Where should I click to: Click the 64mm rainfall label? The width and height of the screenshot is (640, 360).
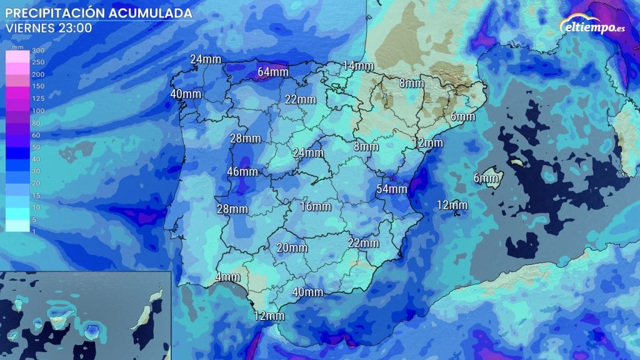tap(273, 72)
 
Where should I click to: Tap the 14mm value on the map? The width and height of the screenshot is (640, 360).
tap(358, 66)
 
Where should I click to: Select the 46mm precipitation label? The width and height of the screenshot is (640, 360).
tap(242, 172)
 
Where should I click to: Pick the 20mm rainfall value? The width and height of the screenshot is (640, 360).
tap(291, 248)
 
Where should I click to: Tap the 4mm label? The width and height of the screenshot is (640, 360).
tap(227, 277)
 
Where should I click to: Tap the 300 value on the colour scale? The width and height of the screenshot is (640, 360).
tap(38, 51)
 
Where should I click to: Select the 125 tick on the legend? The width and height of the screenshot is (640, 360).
tap(38, 99)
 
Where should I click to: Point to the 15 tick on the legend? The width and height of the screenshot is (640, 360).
tap(36, 194)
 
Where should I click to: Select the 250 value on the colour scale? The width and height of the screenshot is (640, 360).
tap(38, 62)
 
